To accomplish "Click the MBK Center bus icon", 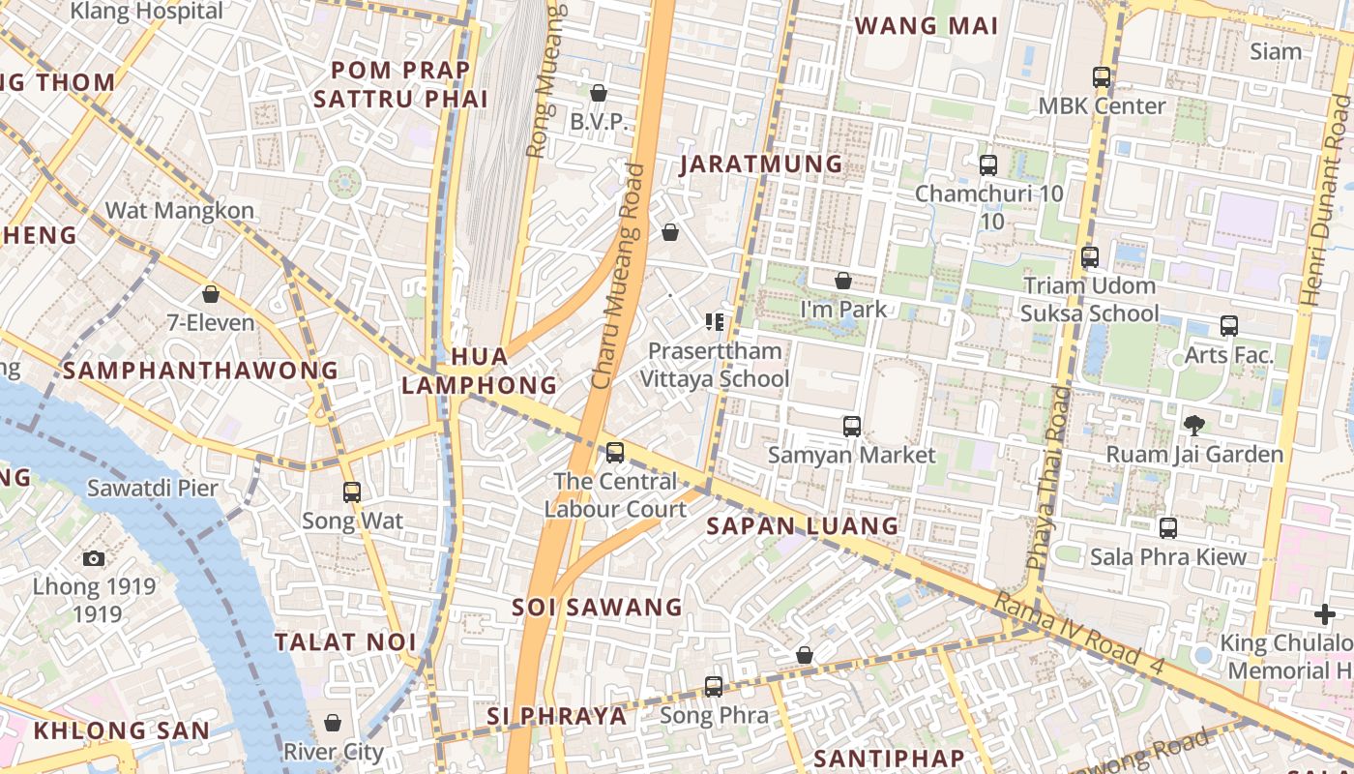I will coord(1101,76).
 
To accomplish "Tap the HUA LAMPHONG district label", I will coord(480,371).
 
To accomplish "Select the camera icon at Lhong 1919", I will coord(94,557).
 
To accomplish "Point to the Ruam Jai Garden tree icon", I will coord(1194,425).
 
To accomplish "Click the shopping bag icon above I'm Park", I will coord(843,281).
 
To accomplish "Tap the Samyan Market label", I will coord(851,455).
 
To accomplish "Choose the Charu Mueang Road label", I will coord(618,277).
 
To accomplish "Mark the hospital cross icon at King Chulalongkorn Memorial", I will coord(1324,613).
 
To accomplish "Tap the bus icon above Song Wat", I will coord(352,491).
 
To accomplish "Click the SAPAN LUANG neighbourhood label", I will coord(802,525).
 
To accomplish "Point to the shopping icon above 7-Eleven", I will coord(211,294).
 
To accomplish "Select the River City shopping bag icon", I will coord(333,723).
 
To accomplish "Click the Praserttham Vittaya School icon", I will coord(715,321).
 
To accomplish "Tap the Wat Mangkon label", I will coord(180,210).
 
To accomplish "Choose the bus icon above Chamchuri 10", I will coord(987,164).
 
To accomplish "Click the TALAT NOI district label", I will coord(345,641).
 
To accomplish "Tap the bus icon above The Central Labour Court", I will coord(615,452).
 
